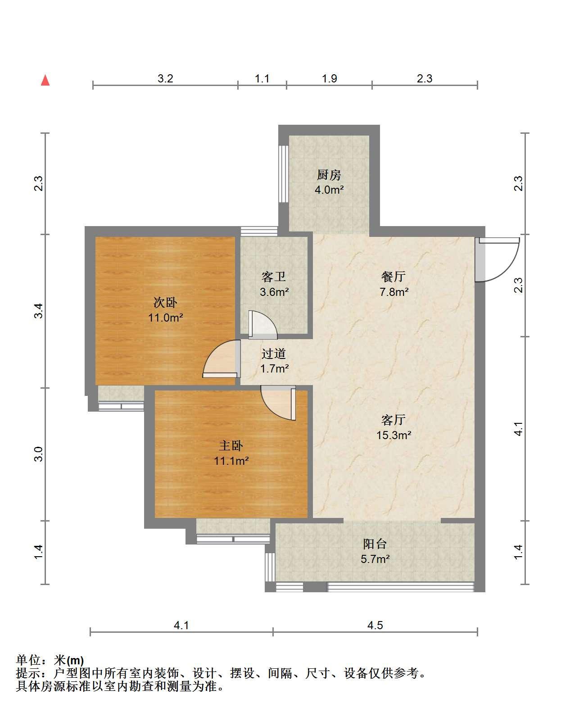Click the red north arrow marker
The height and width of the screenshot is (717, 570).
click(x=45, y=80)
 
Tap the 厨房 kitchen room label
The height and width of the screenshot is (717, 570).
click(x=329, y=175)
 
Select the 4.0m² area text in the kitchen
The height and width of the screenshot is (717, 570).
click(x=329, y=190)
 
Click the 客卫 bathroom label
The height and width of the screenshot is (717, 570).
click(x=273, y=277)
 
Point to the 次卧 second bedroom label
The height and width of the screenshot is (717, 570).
click(x=165, y=303)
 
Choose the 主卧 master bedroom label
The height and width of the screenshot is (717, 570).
click(x=231, y=445)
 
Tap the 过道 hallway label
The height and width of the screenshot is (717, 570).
click(x=274, y=354)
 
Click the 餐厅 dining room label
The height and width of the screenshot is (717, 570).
click(x=394, y=276)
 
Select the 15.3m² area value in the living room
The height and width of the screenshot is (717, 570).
click(x=394, y=435)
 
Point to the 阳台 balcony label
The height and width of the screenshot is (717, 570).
click(x=375, y=544)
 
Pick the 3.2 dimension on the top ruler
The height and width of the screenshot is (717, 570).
click(x=165, y=79)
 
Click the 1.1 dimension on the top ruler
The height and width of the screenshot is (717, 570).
click(x=262, y=79)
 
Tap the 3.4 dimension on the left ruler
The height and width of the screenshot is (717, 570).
click(x=39, y=311)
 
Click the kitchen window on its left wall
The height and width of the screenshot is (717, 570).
click(x=283, y=174)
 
